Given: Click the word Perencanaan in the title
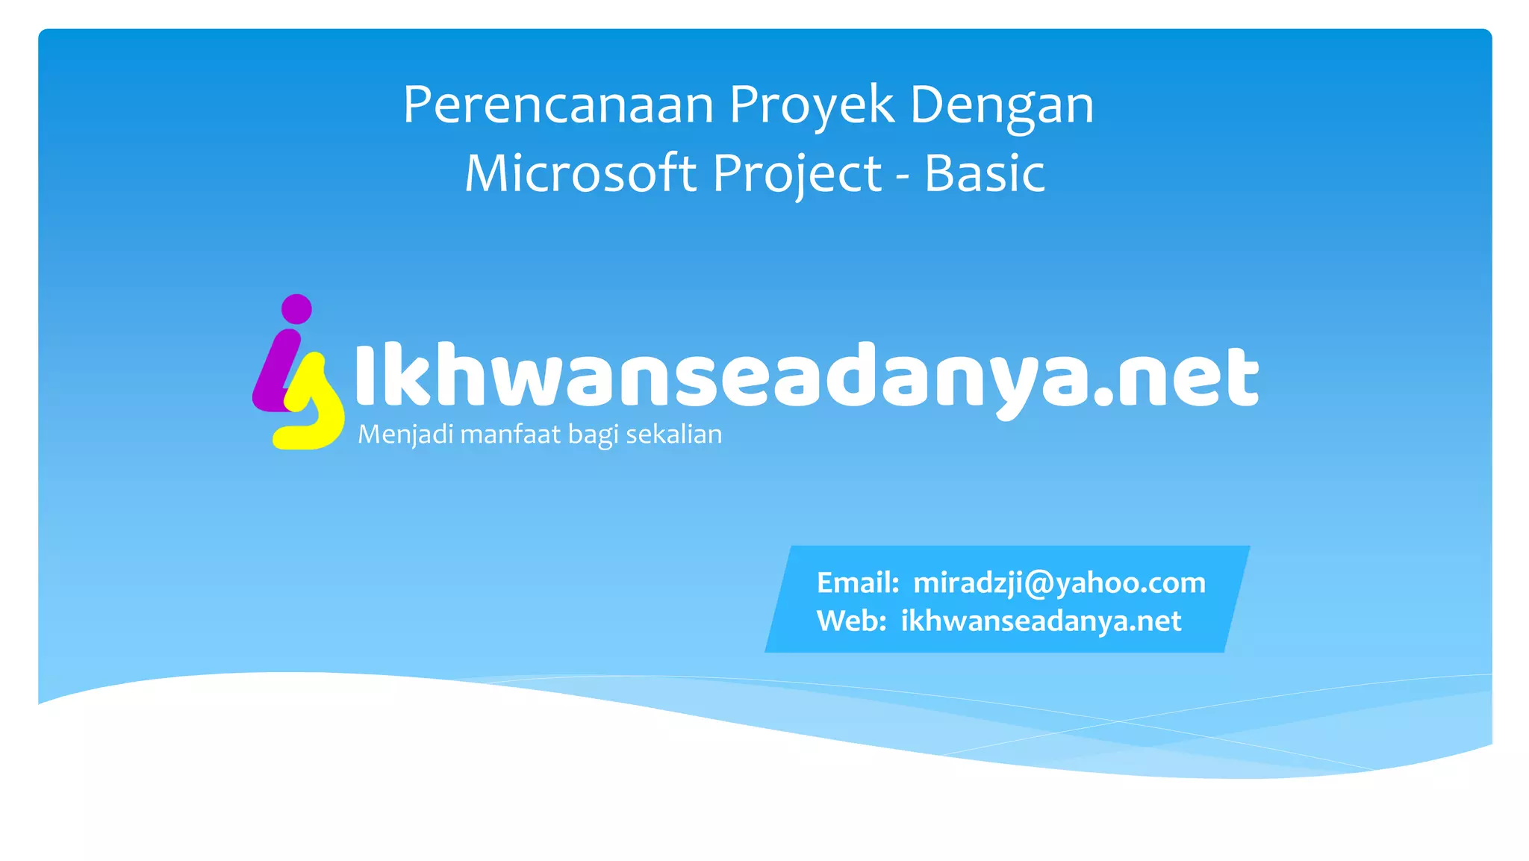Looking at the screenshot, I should point(558,105).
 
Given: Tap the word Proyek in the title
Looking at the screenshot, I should point(812,105).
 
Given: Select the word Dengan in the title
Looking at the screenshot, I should point(1001,105).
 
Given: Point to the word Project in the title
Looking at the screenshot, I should point(797,173).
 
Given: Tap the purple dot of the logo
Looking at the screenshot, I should point(296,309).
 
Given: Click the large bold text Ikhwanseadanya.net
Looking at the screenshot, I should point(806,377).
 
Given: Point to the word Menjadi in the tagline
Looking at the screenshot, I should point(405,435).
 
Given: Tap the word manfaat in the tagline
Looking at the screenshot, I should point(510,435).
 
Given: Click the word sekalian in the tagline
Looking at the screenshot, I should point(673,435).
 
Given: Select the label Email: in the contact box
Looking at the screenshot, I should point(858,583).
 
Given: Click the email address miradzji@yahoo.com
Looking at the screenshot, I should point(1059,583).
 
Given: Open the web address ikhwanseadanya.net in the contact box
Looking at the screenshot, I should point(1041,621).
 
